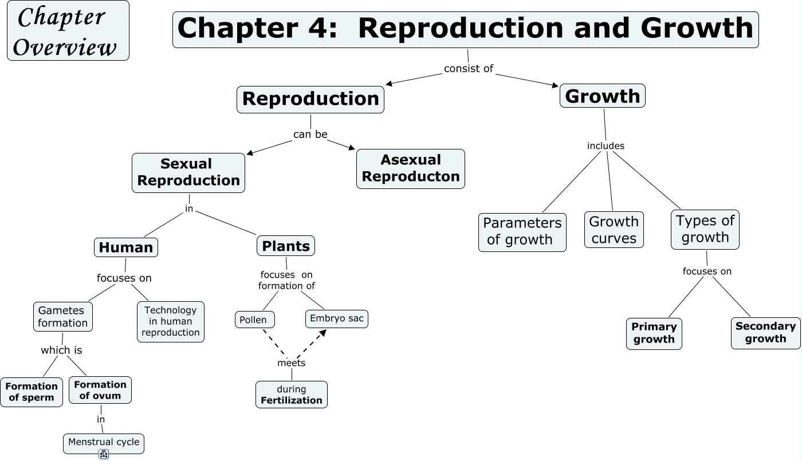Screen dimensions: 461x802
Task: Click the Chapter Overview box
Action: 68,30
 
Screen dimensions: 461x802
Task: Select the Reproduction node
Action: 310,99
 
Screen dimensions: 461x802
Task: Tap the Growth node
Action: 602,96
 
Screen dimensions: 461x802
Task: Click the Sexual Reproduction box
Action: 188,172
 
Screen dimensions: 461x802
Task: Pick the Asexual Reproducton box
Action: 410,168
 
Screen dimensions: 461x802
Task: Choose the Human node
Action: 125,247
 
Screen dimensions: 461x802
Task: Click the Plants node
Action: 285,246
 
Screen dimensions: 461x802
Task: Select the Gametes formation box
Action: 62,317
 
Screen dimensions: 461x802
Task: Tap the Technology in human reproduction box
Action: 170,321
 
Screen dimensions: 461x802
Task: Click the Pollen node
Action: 254,320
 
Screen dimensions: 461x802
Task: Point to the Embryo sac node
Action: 336,318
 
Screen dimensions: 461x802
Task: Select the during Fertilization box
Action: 291,395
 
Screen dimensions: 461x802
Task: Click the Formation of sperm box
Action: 32,392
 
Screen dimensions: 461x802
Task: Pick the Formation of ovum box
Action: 100,390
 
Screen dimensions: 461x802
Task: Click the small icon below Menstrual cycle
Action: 104,454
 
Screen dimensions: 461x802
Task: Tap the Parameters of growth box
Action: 522,231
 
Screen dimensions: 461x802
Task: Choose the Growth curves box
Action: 614,230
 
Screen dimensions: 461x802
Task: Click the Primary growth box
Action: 654,333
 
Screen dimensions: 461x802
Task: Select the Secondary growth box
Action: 765,333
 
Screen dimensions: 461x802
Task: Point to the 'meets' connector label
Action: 291,363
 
